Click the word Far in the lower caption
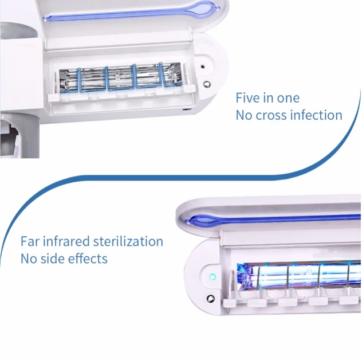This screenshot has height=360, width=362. pos(30,241)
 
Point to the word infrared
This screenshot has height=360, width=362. pos(66,241)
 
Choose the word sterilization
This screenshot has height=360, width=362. pos(128,241)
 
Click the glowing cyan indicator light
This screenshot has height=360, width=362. pos(213,276)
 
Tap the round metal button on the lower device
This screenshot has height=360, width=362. pos(211,299)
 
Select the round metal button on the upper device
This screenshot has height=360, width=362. pos(207,84)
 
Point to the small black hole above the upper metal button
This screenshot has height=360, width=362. pos(202,66)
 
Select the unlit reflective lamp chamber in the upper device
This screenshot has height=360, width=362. pos(120,77)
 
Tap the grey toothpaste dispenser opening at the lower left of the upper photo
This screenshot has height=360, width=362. pos(10,143)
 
